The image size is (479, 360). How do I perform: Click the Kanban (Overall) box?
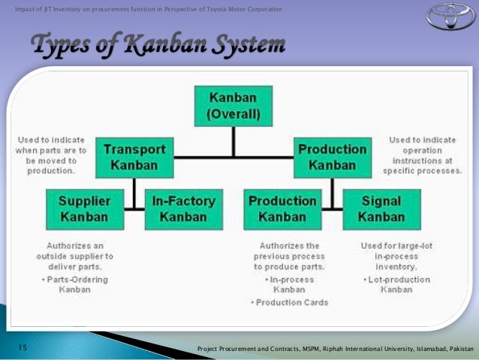[233, 107]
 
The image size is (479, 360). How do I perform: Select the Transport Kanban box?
[134, 156]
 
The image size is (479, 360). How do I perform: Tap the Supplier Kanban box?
[84, 209]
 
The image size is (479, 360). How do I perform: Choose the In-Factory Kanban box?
[183, 209]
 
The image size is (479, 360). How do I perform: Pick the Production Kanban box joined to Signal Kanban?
[282, 209]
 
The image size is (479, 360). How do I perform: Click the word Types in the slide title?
[62, 44]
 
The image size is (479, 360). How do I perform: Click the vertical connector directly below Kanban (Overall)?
[233, 141]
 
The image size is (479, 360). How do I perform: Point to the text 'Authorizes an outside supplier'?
[80, 250]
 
